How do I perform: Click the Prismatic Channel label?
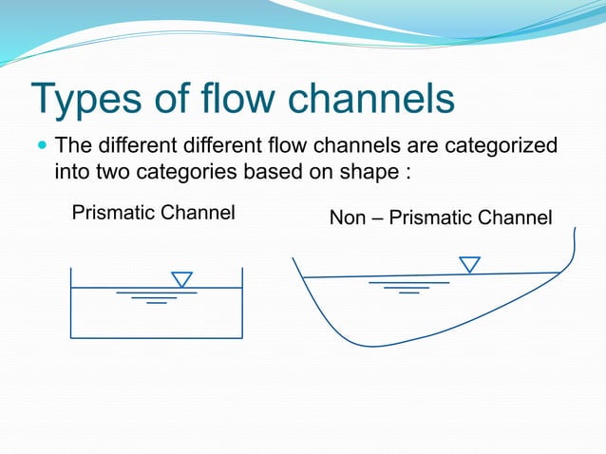pyautogui.click(x=153, y=212)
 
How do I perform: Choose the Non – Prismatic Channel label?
pyautogui.click(x=440, y=218)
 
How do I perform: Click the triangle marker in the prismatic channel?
pyautogui.click(x=181, y=279)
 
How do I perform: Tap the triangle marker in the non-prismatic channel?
pyautogui.click(x=469, y=264)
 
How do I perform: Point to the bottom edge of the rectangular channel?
pyautogui.click(x=157, y=337)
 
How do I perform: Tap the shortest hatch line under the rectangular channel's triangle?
pyautogui.click(x=157, y=304)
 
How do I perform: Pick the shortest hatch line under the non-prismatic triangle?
pyautogui.click(x=408, y=293)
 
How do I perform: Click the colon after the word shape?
pyautogui.click(x=406, y=175)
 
